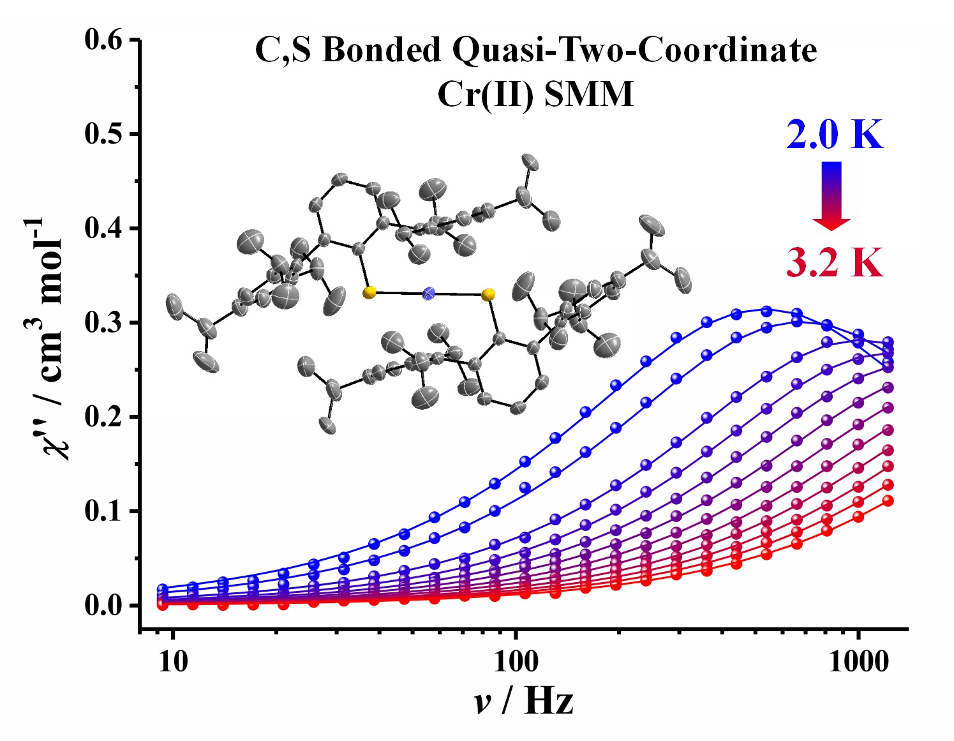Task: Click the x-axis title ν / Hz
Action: pos(523,701)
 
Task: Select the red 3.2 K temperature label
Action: pos(835,262)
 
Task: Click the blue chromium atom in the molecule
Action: pos(429,293)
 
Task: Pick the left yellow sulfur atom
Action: pos(369,292)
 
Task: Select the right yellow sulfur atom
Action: pos(488,294)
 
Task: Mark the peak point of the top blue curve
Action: pos(766,311)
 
